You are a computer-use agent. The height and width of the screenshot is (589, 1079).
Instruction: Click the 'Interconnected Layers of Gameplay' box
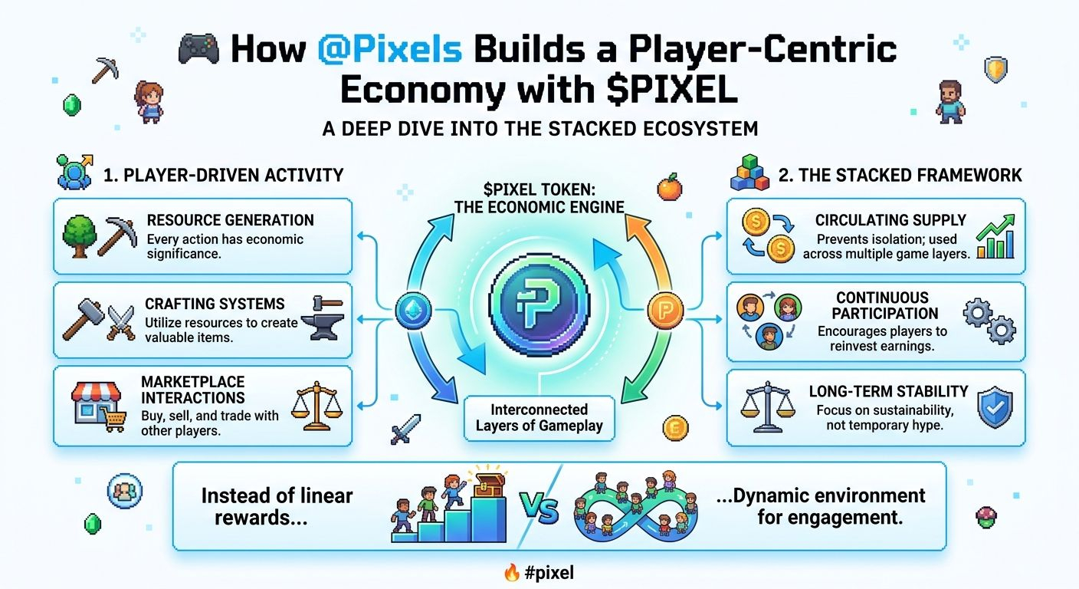(539, 418)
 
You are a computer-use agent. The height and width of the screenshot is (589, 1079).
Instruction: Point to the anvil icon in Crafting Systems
(328, 318)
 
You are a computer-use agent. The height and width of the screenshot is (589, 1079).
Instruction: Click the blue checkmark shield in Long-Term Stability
(995, 408)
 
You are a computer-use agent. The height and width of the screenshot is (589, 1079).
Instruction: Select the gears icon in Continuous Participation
(989, 322)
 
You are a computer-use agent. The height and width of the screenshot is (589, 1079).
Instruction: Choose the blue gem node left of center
(413, 310)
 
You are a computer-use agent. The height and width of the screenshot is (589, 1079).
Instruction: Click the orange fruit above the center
(670, 186)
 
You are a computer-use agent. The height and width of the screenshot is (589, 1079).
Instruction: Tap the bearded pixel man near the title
(951, 102)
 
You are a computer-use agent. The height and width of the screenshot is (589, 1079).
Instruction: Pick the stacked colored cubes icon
(749, 173)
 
